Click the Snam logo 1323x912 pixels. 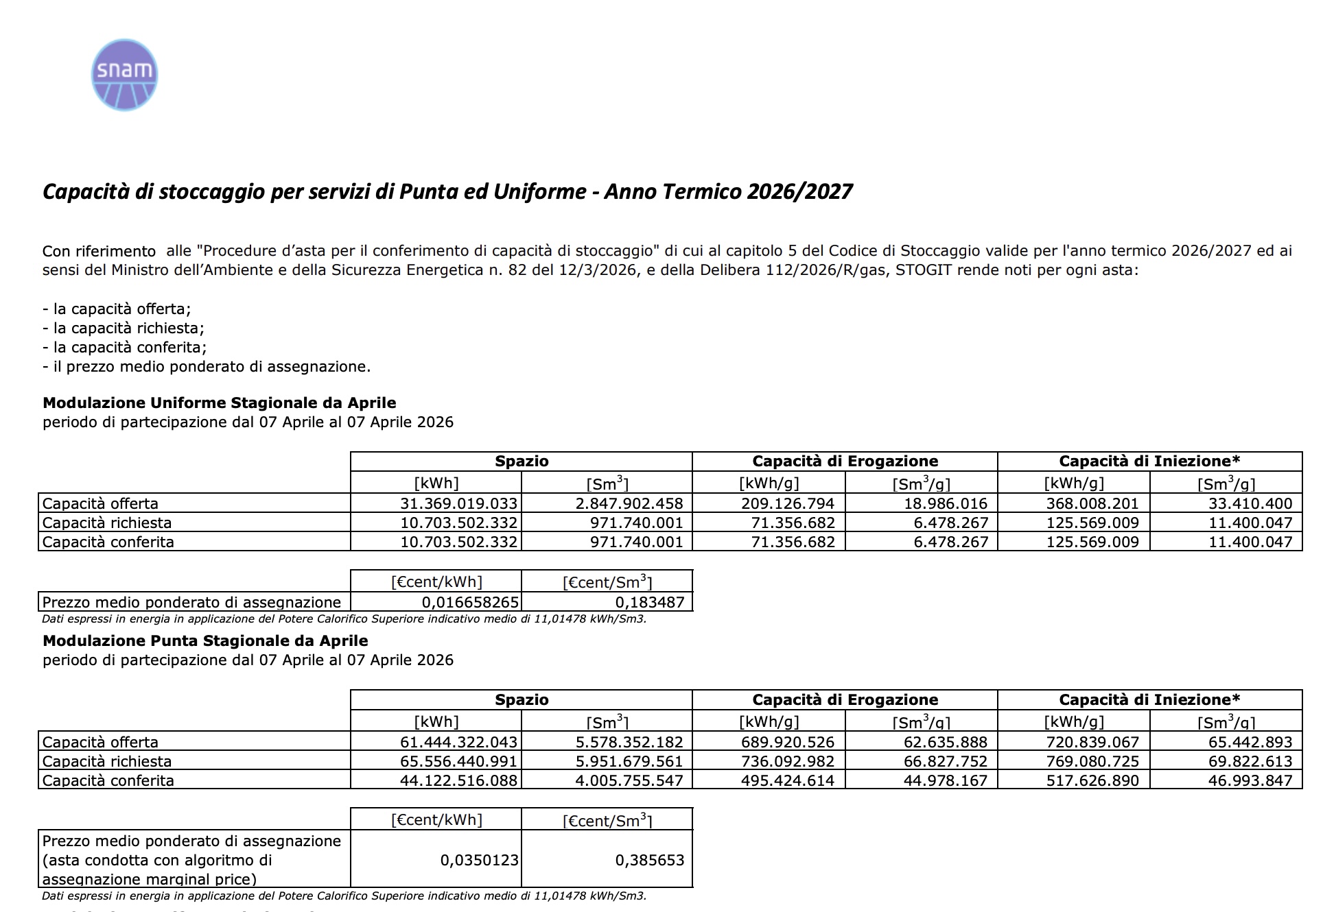(124, 75)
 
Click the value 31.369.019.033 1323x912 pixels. (458, 503)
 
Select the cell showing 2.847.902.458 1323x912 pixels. (629, 503)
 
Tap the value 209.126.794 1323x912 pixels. (788, 503)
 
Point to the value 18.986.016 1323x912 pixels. (946, 503)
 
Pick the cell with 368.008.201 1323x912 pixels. (1092, 503)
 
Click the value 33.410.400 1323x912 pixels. (1250, 503)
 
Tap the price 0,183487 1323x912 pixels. (649, 602)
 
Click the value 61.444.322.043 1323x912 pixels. (458, 742)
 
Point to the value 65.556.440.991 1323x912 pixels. (458, 761)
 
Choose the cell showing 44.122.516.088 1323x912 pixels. (458, 780)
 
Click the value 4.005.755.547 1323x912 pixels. (629, 780)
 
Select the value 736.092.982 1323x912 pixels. (788, 761)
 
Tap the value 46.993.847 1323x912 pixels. (1250, 780)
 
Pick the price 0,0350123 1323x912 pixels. (479, 860)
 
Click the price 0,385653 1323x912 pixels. (649, 860)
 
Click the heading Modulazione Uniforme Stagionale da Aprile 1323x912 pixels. (220, 403)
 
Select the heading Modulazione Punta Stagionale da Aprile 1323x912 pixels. (205, 640)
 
